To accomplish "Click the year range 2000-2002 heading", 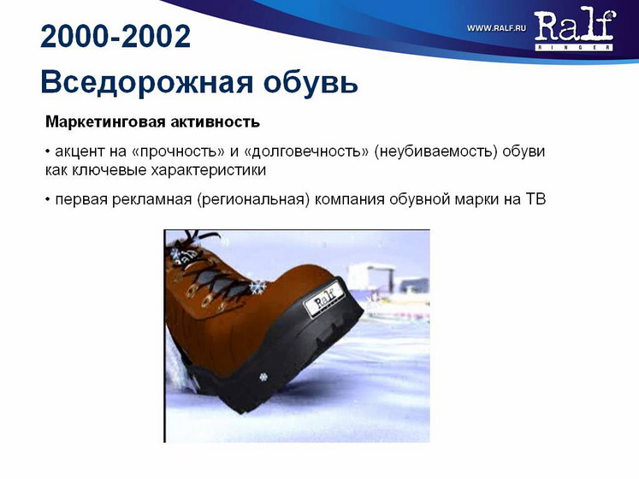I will (x=115, y=36).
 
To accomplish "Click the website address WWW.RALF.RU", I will (x=496, y=28).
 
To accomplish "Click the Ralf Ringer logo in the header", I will (x=574, y=30).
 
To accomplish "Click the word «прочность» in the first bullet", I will (x=175, y=151).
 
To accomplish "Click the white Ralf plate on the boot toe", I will (x=327, y=301).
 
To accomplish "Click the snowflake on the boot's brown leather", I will (x=256, y=287).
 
